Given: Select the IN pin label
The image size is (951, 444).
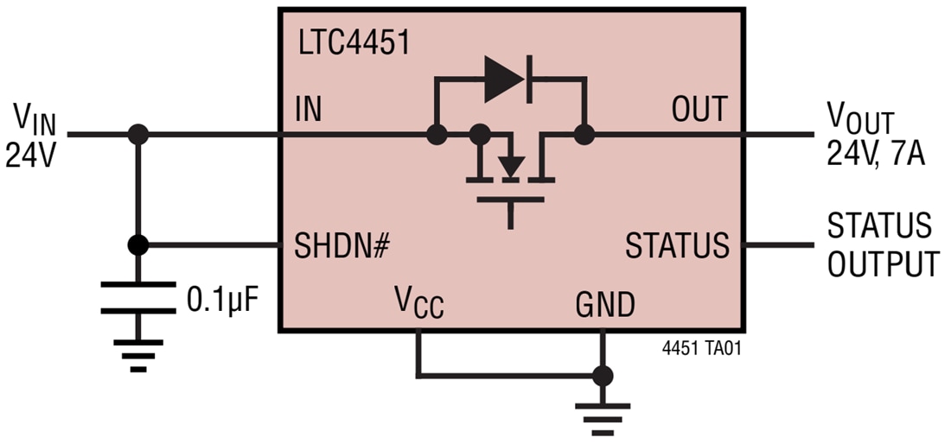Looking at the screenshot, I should [309, 111].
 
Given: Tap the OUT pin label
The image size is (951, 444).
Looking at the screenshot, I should [699, 111].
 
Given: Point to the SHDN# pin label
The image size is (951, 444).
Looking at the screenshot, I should [342, 246].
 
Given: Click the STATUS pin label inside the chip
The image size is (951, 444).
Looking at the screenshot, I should [677, 246].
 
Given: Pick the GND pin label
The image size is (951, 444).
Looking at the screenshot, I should [605, 304].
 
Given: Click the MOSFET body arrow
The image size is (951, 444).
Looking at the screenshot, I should [512, 164].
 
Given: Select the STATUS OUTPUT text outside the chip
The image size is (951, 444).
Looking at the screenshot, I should [882, 245].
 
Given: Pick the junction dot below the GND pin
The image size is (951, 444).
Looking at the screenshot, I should [603, 376].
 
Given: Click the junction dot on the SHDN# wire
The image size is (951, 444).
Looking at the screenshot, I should [137, 245].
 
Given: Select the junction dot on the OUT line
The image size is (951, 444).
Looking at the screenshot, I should [585, 135].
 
